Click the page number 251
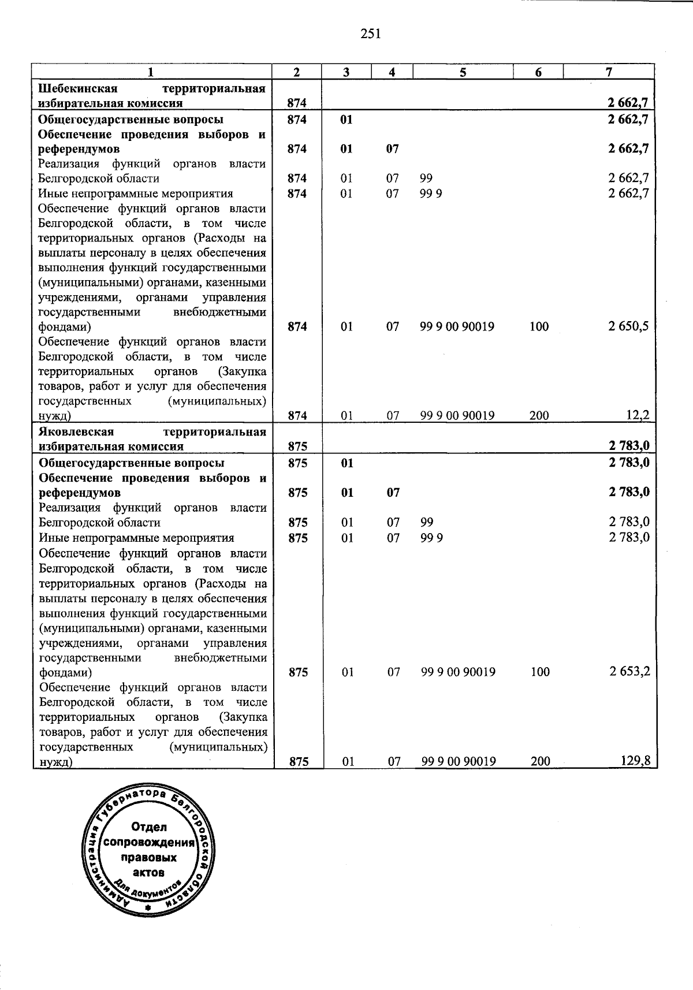[x=371, y=34]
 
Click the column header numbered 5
[x=463, y=72]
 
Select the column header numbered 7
[x=608, y=72]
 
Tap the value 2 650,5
[x=628, y=326]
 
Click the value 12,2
[x=638, y=415]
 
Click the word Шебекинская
[x=78, y=88]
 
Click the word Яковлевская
[x=77, y=431]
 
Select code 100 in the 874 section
[x=538, y=326]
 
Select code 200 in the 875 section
[x=540, y=761]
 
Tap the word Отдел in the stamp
[x=148, y=827]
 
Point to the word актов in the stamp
[x=148, y=872]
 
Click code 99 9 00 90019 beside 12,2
[x=457, y=415]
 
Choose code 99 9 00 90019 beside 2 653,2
[x=459, y=672]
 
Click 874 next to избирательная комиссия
[x=296, y=103]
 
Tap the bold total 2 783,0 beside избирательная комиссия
[x=629, y=446]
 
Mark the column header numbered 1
[x=151, y=72]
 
